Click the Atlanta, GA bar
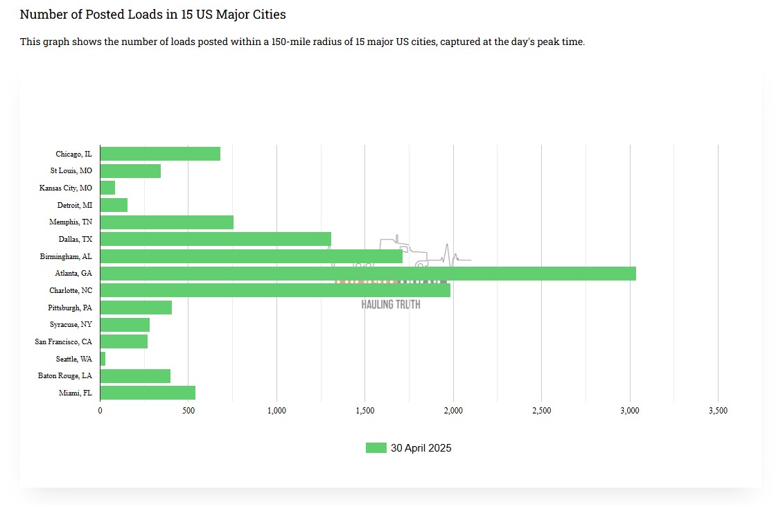point(368,274)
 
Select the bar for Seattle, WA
point(103,359)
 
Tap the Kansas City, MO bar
point(107,188)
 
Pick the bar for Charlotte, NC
point(275,290)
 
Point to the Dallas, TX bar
point(215,239)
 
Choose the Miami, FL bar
point(148,393)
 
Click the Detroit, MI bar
point(114,205)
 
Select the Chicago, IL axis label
point(73,154)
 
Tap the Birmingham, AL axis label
point(66,256)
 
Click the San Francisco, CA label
point(63,341)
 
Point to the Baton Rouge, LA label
point(64,375)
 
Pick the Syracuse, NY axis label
point(71,324)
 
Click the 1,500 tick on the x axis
point(364,411)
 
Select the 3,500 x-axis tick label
point(718,411)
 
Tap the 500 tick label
point(188,411)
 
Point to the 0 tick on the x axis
point(100,411)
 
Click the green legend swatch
point(376,448)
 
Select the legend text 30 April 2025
point(421,448)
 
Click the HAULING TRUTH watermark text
point(391,305)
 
